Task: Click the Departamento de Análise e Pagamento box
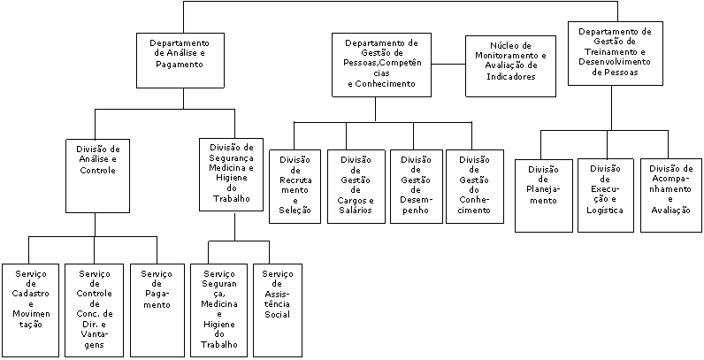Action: click(183, 60)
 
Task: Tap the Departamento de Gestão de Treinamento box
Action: click(615, 53)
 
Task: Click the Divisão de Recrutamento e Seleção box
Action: click(295, 187)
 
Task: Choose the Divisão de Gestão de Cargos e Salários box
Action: click(356, 187)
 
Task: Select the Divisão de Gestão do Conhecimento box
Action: click(475, 187)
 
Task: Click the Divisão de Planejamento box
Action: click(544, 195)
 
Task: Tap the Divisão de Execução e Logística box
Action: click(606, 195)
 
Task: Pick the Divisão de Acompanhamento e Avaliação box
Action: click(670, 195)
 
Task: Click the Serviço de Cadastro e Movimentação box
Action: click(31, 310)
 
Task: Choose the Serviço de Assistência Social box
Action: click(278, 310)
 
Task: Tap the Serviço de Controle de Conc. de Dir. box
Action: click(95, 310)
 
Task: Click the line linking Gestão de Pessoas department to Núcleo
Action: click(448, 65)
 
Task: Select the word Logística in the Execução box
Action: click(605, 211)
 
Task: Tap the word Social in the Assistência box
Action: click(277, 314)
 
